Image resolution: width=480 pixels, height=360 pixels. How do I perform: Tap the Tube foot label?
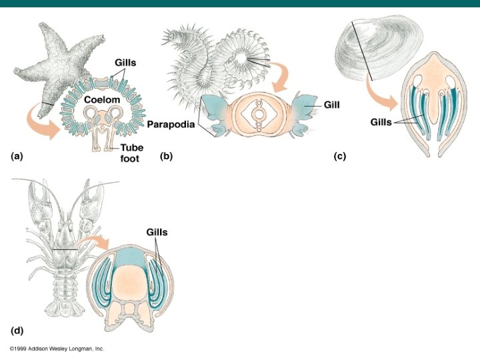[125, 153]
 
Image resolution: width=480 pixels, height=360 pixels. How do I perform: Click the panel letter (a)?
[17, 157]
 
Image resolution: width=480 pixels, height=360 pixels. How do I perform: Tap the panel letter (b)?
[167, 157]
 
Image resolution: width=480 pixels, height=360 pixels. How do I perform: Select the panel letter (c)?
[341, 157]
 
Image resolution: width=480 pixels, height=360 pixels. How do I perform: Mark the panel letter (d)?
[18, 330]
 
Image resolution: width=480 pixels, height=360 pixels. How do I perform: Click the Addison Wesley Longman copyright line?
[57, 349]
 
